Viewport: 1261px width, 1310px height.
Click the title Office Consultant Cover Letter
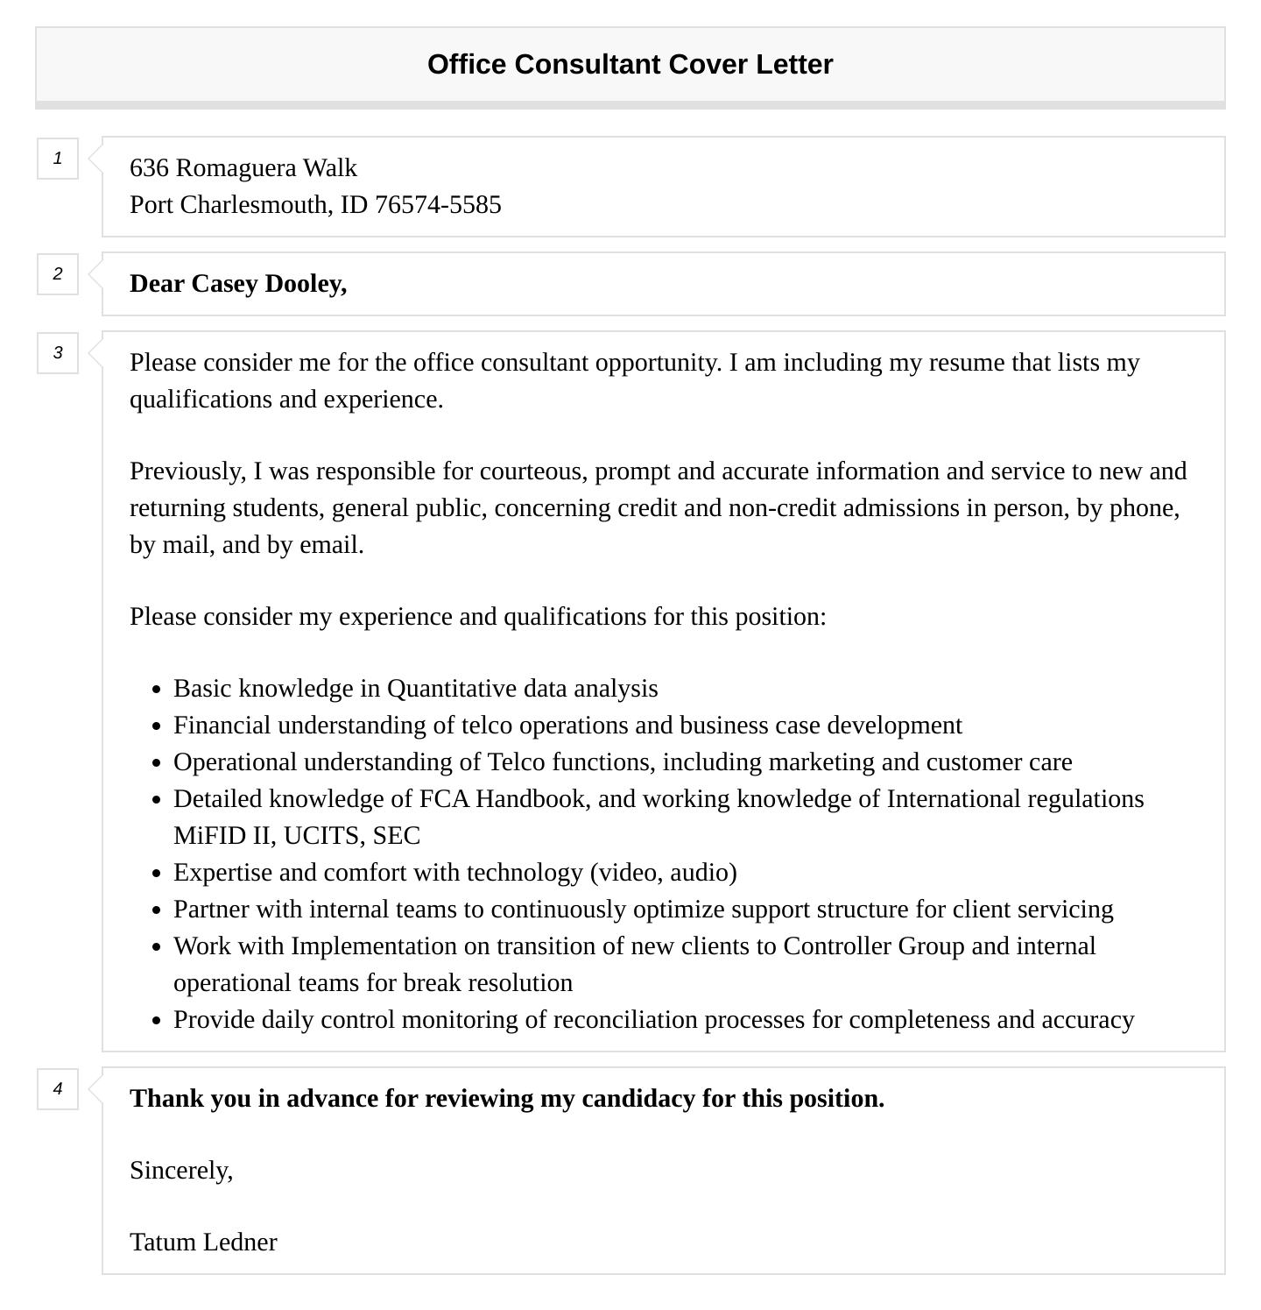point(630,64)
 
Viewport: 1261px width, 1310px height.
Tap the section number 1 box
point(58,159)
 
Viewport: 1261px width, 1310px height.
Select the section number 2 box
point(58,274)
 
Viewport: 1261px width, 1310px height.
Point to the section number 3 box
point(58,353)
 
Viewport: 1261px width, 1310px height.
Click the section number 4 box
point(58,1089)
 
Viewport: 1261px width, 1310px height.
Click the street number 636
point(149,167)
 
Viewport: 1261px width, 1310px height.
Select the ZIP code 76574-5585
point(438,204)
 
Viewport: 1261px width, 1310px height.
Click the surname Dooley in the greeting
point(306,284)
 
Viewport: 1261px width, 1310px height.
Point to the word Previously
point(187,471)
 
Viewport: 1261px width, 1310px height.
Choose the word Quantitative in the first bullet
point(452,689)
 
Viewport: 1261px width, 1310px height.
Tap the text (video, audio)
point(663,873)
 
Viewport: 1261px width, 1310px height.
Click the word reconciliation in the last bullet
point(625,1020)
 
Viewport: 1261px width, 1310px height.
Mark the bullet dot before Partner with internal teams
point(157,910)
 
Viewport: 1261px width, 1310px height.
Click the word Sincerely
point(181,1171)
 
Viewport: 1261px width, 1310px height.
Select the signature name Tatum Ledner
point(203,1243)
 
